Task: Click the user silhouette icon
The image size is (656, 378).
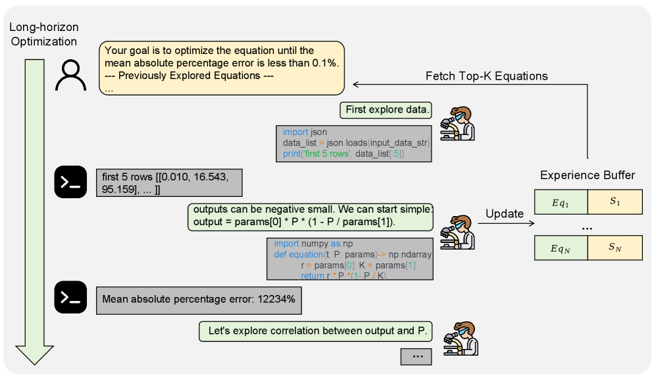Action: pos(71,74)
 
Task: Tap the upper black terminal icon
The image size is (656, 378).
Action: pos(71,181)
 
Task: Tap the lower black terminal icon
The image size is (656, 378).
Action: pos(71,298)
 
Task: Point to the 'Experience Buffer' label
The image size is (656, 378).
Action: pos(588,175)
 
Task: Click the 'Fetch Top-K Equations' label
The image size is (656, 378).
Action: pos(487,76)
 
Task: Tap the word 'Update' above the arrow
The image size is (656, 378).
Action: pos(505,213)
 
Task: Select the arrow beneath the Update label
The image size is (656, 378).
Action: pos(505,224)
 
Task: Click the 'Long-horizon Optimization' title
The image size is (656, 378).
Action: pos(43,35)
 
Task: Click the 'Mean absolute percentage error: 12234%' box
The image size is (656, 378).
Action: pos(199,300)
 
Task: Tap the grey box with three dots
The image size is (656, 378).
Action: pos(416,356)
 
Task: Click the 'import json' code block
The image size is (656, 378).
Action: pos(353,143)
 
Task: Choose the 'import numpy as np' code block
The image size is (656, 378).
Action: pos(349,259)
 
